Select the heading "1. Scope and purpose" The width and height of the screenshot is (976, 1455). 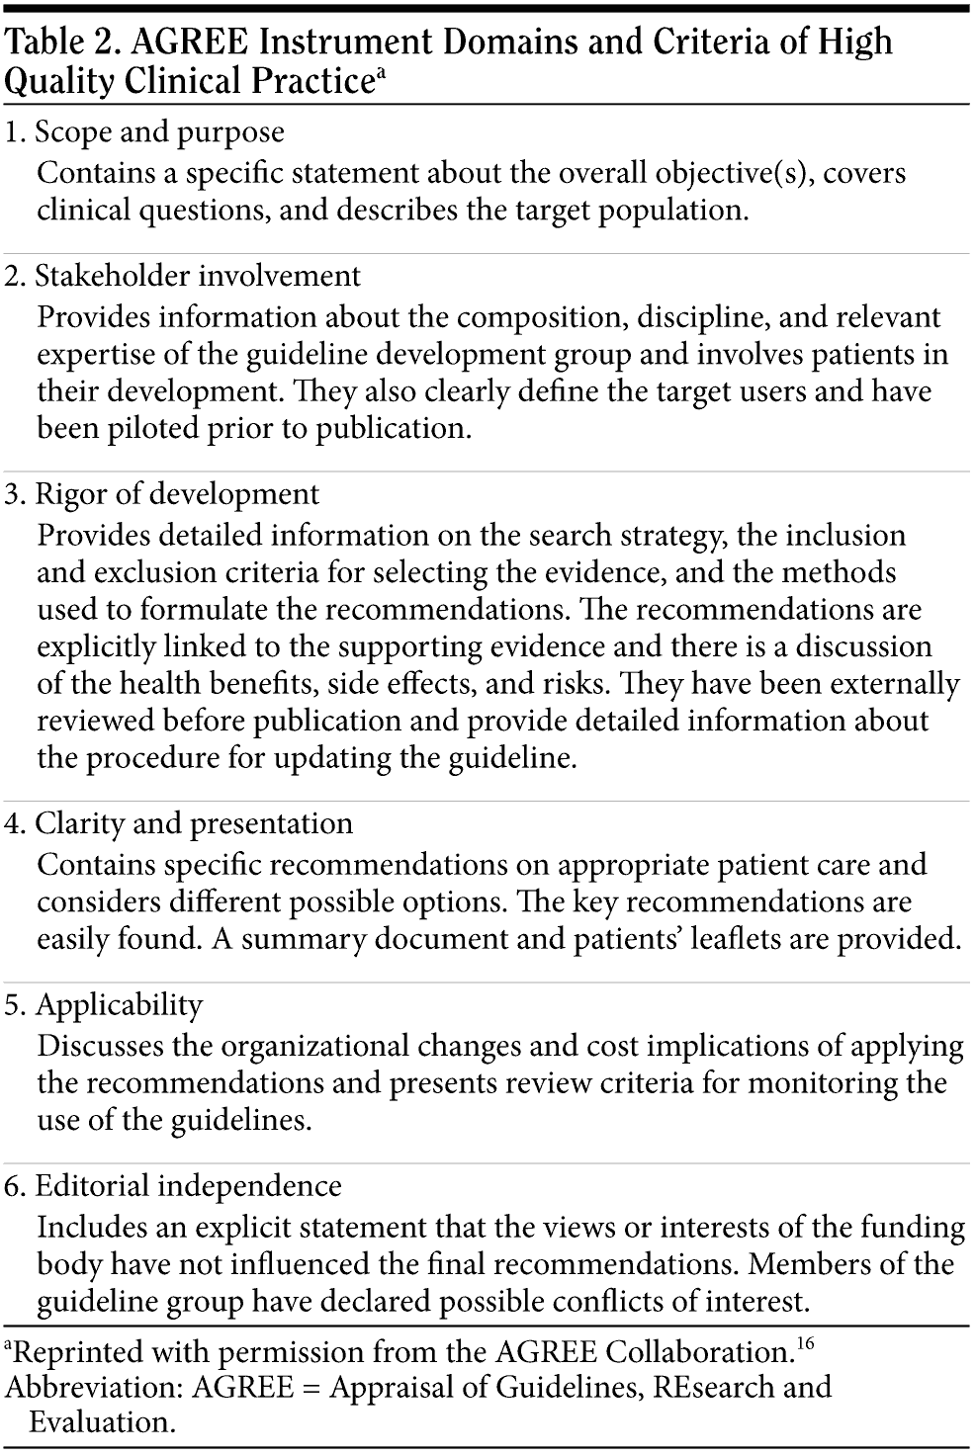pyautogui.click(x=144, y=132)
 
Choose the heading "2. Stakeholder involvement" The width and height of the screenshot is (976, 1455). pyautogui.click(x=183, y=276)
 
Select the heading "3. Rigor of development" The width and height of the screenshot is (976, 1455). pyautogui.click(x=162, y=494)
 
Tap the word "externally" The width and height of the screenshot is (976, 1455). pyautogui.click(x=883, y=684)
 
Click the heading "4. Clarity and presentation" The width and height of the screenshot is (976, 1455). pyautogui.click(x=179, y=824)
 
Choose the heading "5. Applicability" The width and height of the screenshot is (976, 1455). pyautogui.click(x=104, y=1005)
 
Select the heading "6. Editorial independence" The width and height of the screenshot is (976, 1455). pyautogui.click(x=173, y=1186)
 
